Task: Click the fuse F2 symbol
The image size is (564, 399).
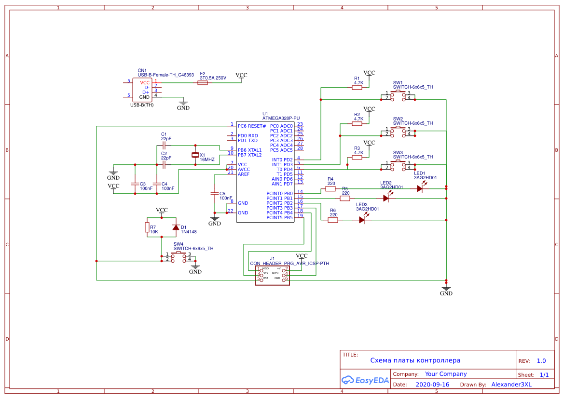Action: (203, 83)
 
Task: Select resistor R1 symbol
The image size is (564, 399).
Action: (357, 88)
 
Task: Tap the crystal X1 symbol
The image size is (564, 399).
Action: (195, 155)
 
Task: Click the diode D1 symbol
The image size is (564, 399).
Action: (176, 227)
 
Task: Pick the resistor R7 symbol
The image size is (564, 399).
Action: (147, 227)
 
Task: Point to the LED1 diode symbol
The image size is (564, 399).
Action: (420, 189)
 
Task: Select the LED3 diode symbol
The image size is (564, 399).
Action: (362, 220)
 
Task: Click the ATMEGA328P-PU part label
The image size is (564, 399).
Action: (281, 118)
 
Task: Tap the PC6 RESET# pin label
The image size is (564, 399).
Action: (252, 126)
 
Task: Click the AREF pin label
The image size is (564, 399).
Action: (244, 174)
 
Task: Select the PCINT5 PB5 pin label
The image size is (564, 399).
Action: (279, 218)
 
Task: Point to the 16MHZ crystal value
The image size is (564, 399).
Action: (207, 159)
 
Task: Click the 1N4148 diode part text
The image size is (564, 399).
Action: (189, 232)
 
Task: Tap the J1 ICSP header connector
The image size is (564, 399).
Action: (273, 275)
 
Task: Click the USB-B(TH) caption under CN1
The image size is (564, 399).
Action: (142, 105)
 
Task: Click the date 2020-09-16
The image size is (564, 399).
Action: (432, 385)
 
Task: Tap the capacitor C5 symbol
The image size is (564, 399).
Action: (215, 193)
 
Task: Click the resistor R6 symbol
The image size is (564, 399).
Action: (333, 220)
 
